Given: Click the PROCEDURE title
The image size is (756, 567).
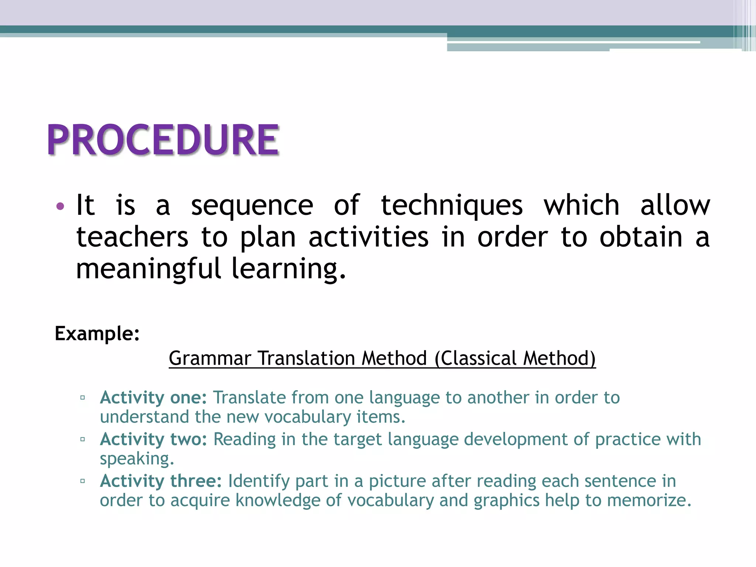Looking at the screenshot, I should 163,140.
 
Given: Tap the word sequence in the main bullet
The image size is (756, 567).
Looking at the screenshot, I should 252,206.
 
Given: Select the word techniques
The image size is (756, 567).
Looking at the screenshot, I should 452,206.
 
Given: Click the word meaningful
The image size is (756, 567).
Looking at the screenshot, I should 148,269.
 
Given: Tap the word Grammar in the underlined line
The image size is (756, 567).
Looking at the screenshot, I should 210,358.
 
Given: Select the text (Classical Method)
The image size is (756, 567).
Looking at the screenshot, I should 515,358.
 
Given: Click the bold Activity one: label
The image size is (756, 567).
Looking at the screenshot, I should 153,398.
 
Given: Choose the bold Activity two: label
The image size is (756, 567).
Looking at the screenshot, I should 153,439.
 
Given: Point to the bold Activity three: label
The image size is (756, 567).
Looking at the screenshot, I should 161,481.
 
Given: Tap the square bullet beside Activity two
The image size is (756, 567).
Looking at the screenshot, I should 83,440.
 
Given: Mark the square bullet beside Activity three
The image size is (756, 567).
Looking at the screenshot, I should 83,481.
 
